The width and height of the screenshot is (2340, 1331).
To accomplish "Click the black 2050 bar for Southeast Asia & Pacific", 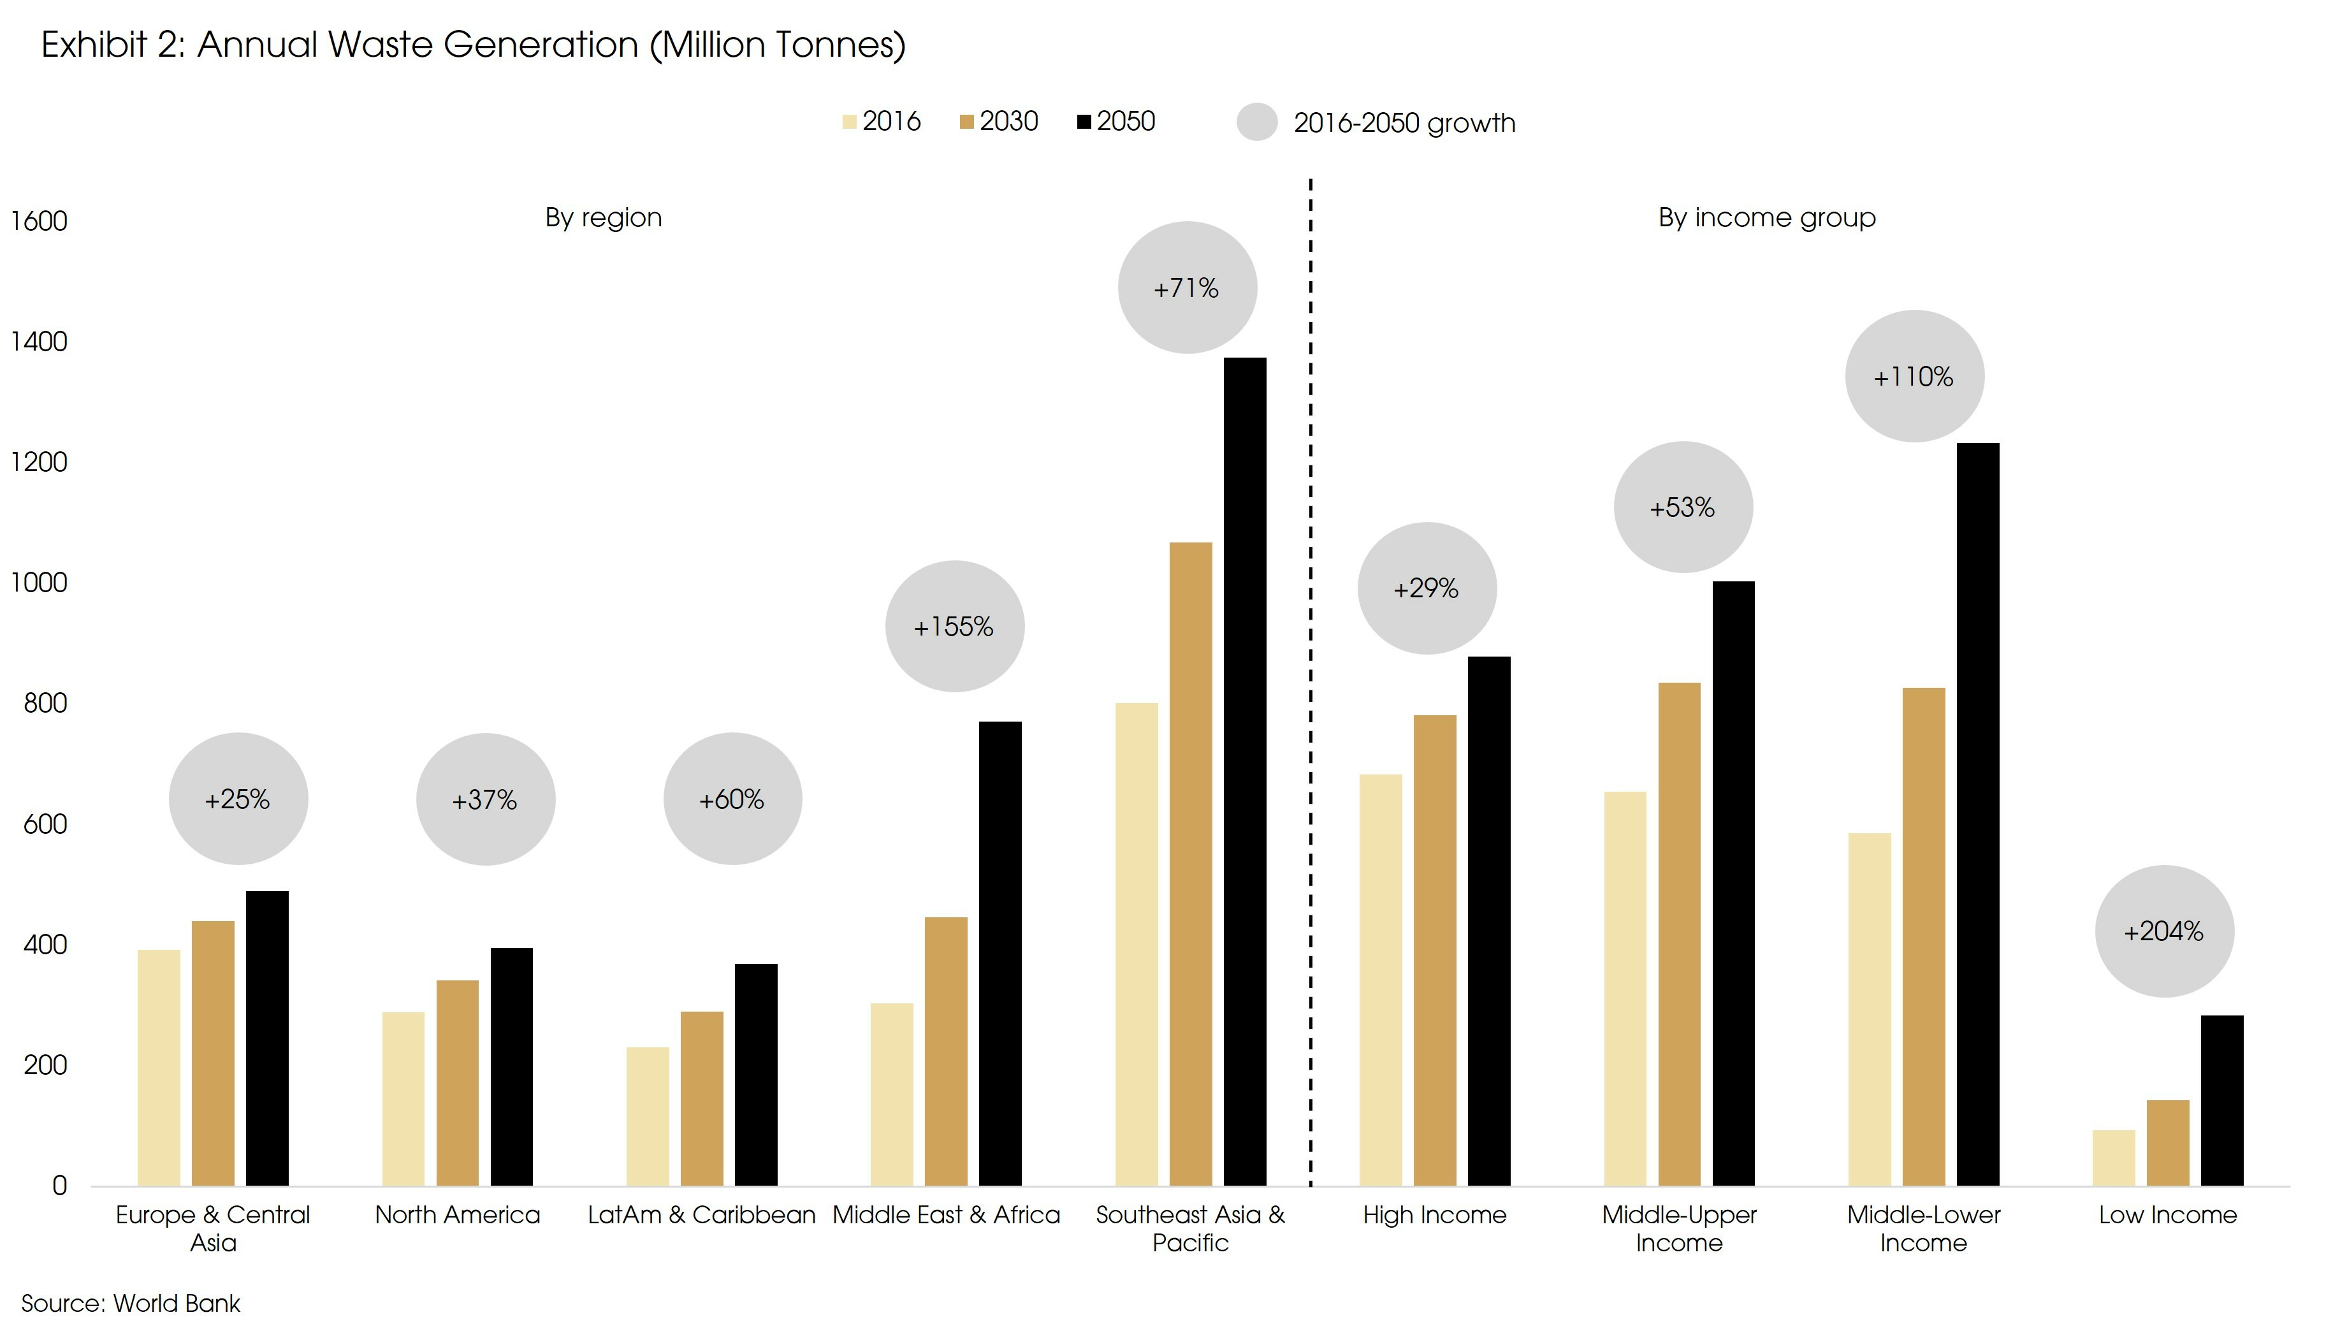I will coord(1245,773).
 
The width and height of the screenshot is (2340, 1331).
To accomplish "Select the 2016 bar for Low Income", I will coord(2113,1158).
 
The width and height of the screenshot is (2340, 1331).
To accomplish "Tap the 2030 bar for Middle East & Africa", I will coord(945,1051).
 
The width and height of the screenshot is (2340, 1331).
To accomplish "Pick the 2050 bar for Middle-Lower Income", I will coord(1978,813).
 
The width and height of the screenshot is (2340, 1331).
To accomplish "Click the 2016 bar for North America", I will coord(403,1099).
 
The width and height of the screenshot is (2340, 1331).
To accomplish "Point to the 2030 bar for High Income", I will coord(1434,950).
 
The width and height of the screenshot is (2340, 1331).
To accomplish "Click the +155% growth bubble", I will coord(954,626).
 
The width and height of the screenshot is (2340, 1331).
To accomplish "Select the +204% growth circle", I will coord(2163,931).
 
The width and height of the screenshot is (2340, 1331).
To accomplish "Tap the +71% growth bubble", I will coord(1186,288).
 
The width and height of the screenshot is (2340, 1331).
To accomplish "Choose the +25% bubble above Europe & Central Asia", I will coord(238,799).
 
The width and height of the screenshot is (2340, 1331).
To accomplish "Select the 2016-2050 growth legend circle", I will coord(1257,122).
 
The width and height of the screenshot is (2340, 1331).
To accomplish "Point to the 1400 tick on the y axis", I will coord(38,342).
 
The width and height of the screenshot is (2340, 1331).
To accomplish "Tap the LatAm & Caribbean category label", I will coord(701,1215).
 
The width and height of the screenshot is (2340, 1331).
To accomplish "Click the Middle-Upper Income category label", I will coord(1678,1228).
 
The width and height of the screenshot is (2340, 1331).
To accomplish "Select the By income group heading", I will coord(1766,217).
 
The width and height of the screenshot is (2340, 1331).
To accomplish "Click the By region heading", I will coord(603,217).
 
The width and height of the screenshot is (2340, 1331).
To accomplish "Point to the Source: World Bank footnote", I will coord(131,1303).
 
